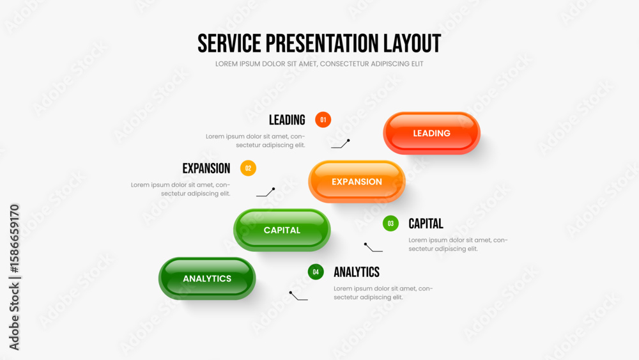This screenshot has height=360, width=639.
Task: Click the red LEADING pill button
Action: coord(431,133)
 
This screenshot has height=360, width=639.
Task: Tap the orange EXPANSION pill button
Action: coord(357,182)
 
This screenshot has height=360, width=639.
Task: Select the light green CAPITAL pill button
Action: coord(282,230)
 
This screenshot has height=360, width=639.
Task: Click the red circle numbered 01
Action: coord(323,120)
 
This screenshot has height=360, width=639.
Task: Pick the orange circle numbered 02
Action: coord(248,168)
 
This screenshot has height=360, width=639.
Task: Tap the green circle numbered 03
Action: coord(390,223)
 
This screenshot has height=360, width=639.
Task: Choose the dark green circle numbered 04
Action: coord(316,272)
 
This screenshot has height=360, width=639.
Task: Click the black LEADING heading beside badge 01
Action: coord(287,120)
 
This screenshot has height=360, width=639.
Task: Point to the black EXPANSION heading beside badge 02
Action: coord(206,168)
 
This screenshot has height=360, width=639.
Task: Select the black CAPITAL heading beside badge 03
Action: coord(426,223)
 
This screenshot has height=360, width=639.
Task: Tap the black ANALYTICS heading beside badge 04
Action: coord(357,272)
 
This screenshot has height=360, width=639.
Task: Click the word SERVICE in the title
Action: coord(229,43)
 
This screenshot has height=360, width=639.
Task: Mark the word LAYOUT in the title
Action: coord(412,43)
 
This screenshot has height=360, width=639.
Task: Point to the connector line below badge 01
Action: coord(341,144)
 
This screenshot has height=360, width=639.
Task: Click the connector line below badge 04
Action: coord(298,296)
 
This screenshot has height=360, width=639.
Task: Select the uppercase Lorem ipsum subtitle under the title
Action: coord(319,64)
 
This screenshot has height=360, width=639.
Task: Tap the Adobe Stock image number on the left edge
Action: coord(15,239)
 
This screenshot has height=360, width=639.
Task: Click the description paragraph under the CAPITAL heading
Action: coord(458,244)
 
